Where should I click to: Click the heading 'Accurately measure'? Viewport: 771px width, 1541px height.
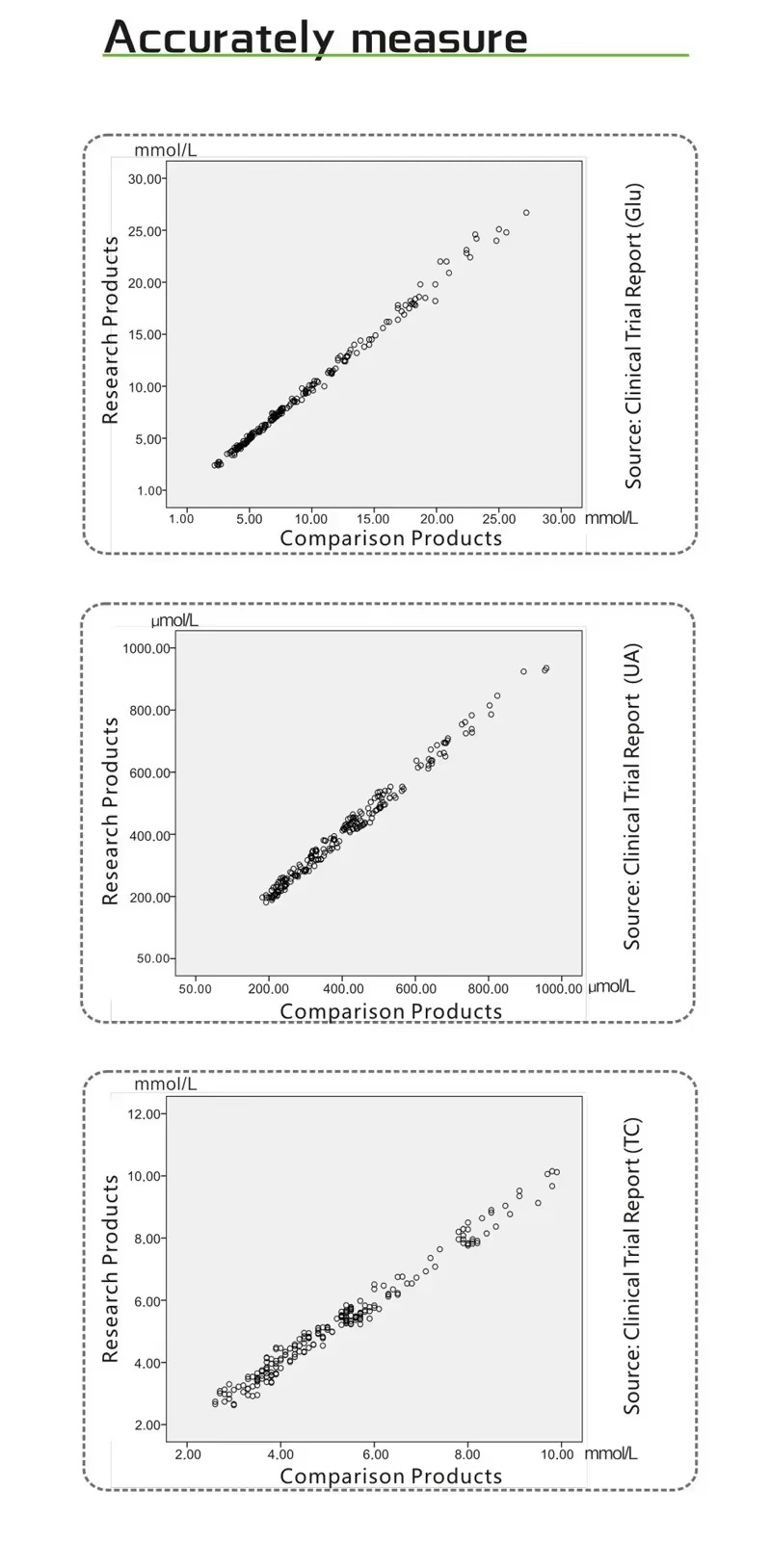click(315, 38)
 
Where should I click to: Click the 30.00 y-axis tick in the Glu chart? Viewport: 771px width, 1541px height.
click(146, 179)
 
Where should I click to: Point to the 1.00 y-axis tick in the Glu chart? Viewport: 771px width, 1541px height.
click(149, 491)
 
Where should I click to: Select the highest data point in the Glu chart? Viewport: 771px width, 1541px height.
click(526, 213)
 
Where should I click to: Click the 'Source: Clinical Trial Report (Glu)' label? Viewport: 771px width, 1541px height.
click(633, 335)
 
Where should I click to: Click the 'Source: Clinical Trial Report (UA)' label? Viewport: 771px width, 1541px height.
click(632, 797)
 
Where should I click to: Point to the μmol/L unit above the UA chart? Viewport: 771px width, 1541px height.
click(174, 621)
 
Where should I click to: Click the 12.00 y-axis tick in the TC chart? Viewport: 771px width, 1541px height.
click(147, 1114)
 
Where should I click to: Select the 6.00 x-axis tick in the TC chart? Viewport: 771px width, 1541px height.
click(375, 1454)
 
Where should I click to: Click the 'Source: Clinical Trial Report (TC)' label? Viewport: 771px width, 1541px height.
click(632, 1266)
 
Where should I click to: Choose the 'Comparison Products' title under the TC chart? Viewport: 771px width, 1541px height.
click(390, 1476)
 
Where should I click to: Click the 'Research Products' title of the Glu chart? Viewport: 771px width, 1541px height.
click(111, 330)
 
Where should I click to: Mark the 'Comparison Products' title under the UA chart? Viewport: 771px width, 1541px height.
click(390, 1011)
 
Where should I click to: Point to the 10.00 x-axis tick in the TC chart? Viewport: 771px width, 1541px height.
click(556, 1454)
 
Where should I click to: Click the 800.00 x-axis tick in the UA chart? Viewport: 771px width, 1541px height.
click(488, 989)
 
